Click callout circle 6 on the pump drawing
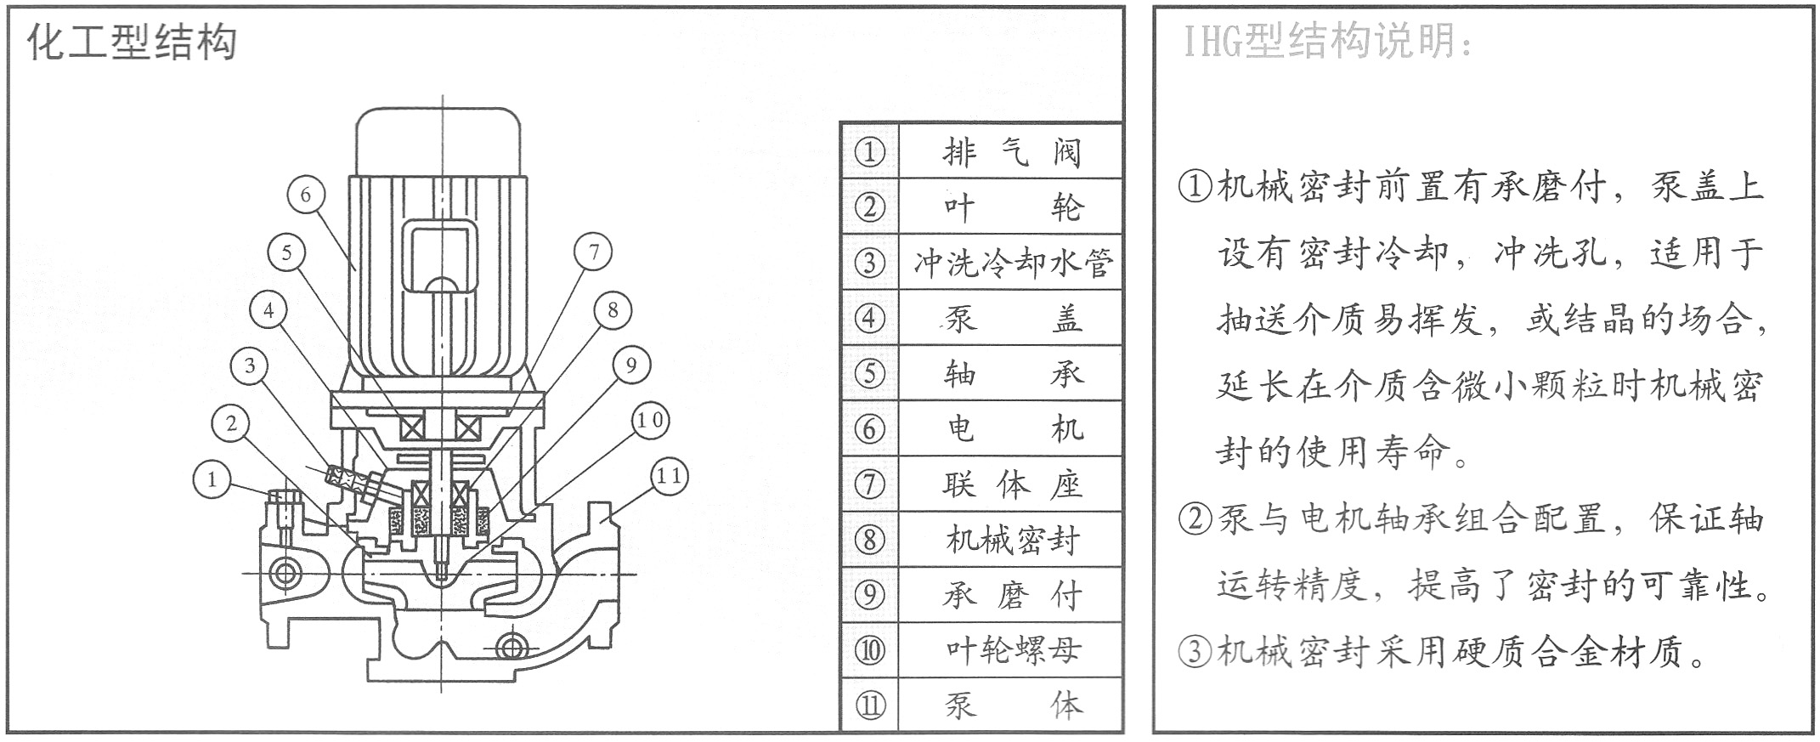tap(306, 195)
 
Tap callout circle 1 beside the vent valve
tap(212, 479)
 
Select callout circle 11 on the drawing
tap(669, 476)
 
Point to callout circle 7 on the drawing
tap(593, 252)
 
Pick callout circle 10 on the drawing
tap(651, 420)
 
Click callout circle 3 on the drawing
tap(249, 366)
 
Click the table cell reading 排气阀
tap(1010, 152)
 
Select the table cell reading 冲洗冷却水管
tap(1010, 263)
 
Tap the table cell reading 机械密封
tap(1010, 540)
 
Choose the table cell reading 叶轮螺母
tap(1010, 650)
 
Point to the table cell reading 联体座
tap(1010, 484)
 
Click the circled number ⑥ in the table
tap(869, 428)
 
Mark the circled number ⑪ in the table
tap(869, 705)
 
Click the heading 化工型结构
tap(132, 41)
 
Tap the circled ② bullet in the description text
tap(1195, 518)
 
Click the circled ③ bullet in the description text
tap(1195, 651)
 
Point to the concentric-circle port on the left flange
tap(285, 573)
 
